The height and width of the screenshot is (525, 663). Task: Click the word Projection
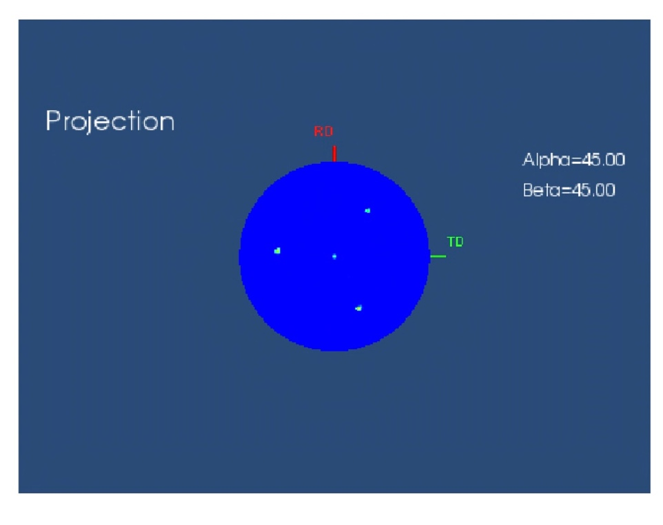point(110,122)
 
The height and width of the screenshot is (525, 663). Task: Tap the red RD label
point(323,132)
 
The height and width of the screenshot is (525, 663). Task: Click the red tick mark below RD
point(334,154)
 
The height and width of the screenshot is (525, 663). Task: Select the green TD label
point(455,242)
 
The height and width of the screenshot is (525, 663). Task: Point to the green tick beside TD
point(438,256)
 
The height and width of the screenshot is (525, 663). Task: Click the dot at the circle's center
point(334,256)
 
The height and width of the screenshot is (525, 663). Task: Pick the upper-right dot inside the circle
point(367,211)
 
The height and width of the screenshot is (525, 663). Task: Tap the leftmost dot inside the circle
point(277,251)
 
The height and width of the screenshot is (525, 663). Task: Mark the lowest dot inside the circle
point(358,308)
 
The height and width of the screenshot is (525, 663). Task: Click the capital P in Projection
point(53,121)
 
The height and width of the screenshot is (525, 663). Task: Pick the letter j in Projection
point(93,123)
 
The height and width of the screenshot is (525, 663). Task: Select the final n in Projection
point(167,123)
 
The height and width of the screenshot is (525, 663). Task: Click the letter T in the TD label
point(451,242)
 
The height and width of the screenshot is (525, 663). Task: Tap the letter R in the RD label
point(319,132)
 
